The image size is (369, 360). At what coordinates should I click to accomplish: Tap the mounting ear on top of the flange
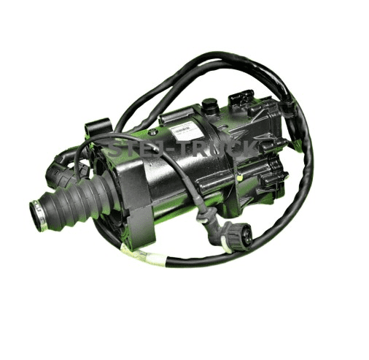point(97,130)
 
